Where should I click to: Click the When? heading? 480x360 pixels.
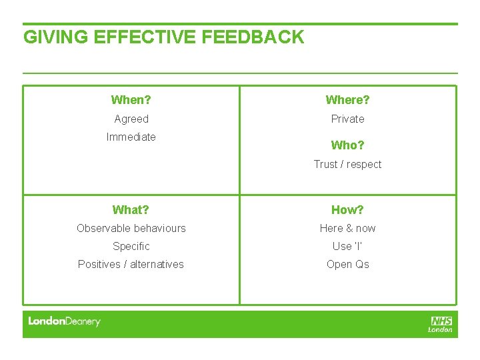pyautogui.click(x=131, y=100)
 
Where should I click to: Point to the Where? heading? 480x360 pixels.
pyautogui.click(x=347, y=100)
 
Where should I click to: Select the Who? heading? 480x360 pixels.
pyautogui.click(x=347, y=145)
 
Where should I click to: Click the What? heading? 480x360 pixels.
pyautogui.click(x=131, y=210)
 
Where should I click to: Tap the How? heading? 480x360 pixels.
pyautogui.click(x=347, y=210)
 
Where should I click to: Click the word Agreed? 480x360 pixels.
pyautogui.click(x=131, y=119)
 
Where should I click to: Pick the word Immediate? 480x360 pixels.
pyautogui.click(x=131, y=137)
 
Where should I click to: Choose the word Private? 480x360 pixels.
pyautogui.click(x=348, y=119)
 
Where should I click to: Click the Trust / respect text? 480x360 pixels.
pyautogui.click(x=347, y=165)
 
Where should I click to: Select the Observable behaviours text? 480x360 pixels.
pyautogui.click(x=131, y=229)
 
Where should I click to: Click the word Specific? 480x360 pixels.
pyautogui.click(x=131, y=247)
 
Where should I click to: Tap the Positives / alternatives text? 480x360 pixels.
pyautogui.click(x=131, y=265)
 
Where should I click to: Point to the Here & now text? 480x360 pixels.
pyautogui.click(x=347, y=229)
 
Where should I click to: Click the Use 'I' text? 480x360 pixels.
pyautogui.click(x=347, y=247)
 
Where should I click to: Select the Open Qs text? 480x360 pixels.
pyautogui.click(x=347, y=265)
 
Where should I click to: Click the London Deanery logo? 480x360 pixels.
pyautogui.click(x=64, y=321)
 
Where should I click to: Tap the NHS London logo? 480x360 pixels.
pyautogui.click(x=441, y=324)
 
